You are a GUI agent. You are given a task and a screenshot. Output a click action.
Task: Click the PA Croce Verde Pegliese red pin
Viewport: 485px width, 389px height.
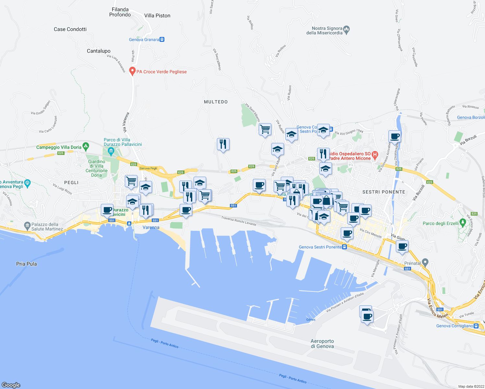click(x=132, y=71)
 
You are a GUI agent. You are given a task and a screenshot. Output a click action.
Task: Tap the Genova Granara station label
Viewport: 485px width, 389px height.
click(x=144, y=40)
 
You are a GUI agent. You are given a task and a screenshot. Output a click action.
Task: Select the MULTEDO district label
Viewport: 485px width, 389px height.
click(x=216, y=102)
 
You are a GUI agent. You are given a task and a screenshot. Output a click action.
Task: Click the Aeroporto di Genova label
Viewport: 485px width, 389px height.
click(x=322, y=344)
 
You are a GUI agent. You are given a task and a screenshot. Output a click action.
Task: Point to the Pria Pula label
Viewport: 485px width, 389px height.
click(x=27, y=264)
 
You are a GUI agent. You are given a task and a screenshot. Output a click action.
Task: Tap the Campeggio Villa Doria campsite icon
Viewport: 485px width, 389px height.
click(x=86, y=147)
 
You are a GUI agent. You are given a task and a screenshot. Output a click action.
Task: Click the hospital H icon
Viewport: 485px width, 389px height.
click(x=375, y=155)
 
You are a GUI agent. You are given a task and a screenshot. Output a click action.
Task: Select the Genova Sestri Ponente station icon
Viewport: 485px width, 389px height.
click(x=345, y=247)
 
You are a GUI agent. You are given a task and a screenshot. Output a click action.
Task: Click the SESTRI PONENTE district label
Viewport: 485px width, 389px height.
click(x=384, y=192)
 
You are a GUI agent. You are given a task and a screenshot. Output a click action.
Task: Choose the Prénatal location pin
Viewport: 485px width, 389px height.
click(x=425, y=262)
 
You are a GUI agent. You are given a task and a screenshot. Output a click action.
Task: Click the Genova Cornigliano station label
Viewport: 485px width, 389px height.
click(x=455, y=326)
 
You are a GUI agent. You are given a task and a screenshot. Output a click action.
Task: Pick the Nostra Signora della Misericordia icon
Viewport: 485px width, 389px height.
click(x=346, y=30)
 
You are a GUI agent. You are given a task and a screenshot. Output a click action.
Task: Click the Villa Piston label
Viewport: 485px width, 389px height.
click(x=157, y=16)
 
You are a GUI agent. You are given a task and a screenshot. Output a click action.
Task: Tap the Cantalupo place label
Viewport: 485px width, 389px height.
click(x=99, y=51)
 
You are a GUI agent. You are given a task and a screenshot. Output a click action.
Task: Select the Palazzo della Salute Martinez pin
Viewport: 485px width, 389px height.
click(x=27, y=225)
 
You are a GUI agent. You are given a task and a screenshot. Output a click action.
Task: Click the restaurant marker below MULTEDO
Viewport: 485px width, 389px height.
click(x=223, y=144)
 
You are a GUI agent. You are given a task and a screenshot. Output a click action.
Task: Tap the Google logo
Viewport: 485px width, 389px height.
click(x=11, y=385)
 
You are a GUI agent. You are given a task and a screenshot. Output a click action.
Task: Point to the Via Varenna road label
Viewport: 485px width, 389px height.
click(x=126, y=122)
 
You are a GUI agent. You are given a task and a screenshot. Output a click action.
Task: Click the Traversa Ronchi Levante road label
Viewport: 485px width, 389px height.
click(x=239, y=221)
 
